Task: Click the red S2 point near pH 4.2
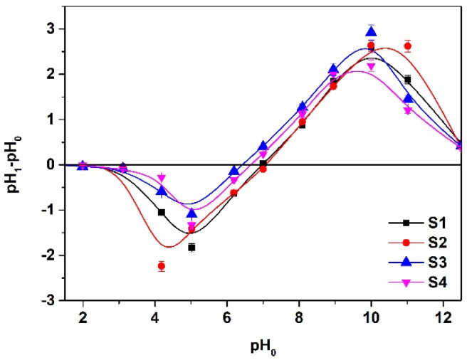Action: (162, 266)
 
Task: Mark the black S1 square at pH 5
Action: (191, 247)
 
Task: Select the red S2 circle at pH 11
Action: (407, 46)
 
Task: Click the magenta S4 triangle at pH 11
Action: (407, 110)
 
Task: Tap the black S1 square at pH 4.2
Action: (162, 212)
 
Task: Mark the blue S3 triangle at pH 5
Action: (191, 213)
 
